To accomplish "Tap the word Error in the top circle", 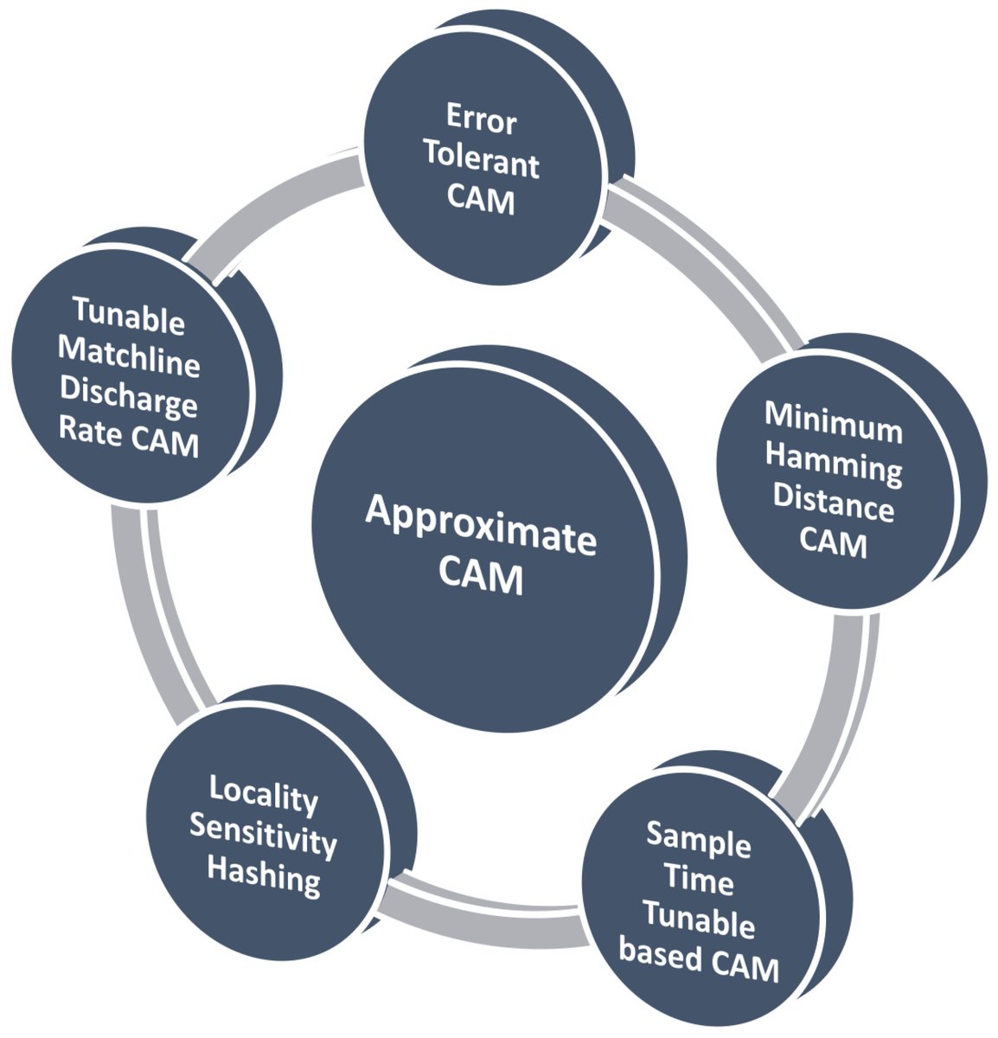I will coord(481,119).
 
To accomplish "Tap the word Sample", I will coord(699,839).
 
